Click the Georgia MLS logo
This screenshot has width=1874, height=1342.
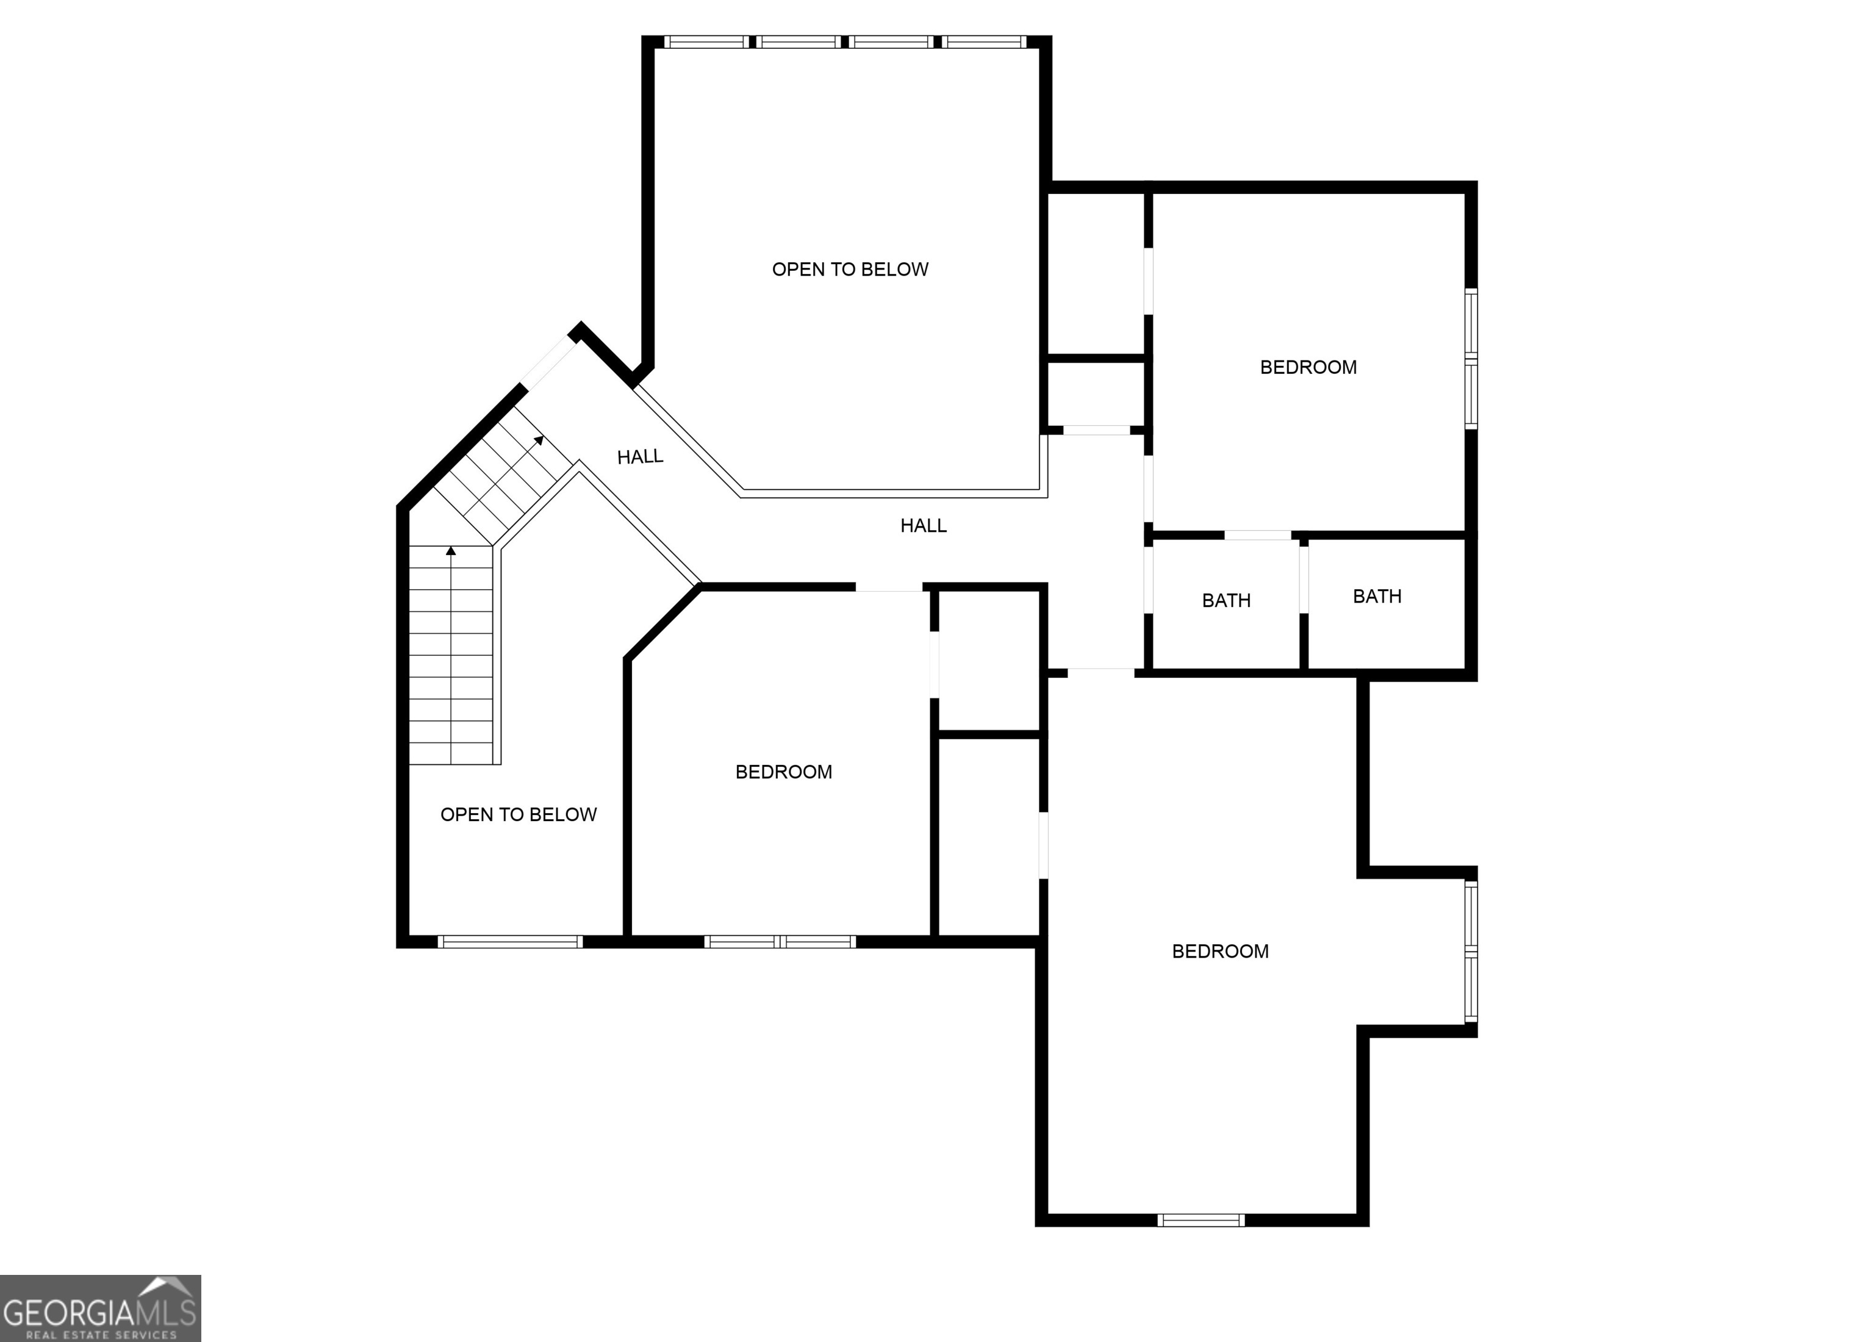[x=100, y=1308]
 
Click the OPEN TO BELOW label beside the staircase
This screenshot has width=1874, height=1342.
[x=518, y=815]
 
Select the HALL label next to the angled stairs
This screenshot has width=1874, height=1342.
[x=639, y=457]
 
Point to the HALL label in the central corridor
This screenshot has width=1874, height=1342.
[x=923, y=526]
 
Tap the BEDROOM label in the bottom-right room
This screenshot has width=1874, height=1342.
[x=1219, y=951]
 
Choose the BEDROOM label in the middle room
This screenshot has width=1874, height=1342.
[x=783, y=772]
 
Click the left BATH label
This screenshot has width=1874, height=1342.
[x=1226, y=601]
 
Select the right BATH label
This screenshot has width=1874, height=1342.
[x=1377, y=597]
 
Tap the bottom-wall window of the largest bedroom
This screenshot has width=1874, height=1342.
[x=1200, y=1221]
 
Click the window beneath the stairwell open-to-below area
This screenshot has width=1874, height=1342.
[x=510, y=941]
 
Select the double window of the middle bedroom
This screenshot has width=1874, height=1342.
[x=779, y=941]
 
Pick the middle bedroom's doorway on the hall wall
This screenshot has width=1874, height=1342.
[x=888, y=587]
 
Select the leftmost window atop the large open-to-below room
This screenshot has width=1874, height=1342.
[x=706, y=41]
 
